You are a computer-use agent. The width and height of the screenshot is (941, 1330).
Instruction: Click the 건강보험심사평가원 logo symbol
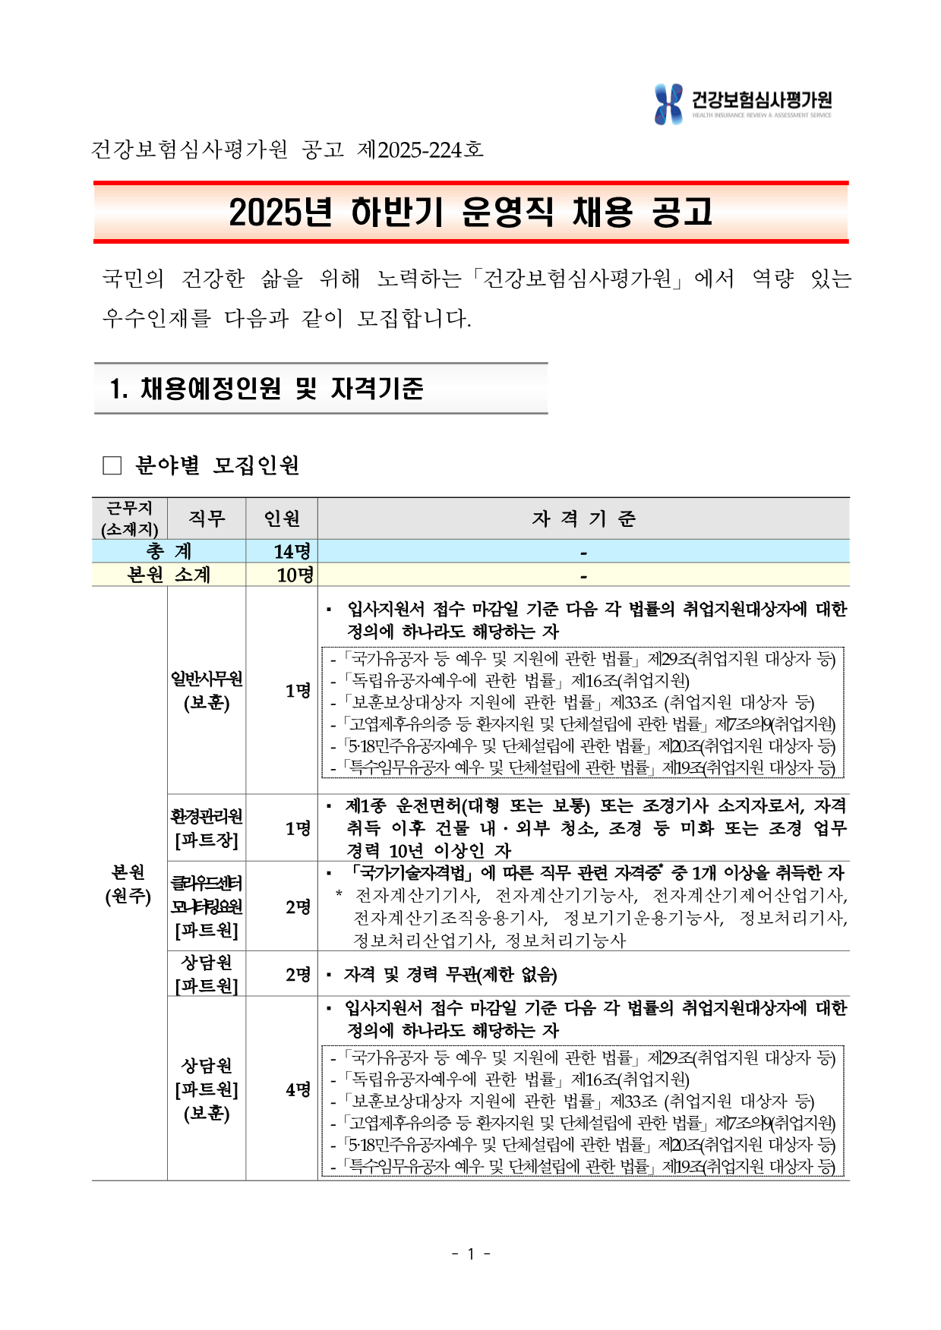click(668, 104)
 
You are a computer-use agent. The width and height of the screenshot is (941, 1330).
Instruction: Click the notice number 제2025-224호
click(420, 150)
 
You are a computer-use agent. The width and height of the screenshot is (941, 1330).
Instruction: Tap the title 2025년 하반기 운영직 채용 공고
click(471, 213)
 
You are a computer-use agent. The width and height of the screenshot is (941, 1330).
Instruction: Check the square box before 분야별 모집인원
click(112, 465)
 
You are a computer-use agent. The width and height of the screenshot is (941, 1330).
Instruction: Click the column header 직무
click(207, 518)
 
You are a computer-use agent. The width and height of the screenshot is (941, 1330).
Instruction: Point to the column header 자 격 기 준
click(583, 518)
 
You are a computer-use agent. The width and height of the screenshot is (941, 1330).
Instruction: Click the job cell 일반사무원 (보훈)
click(207, 690)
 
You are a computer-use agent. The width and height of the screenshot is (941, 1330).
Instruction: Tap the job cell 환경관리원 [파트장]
click(207, 827)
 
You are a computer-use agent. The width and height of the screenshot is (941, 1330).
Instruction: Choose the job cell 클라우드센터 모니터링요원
click(207, 906)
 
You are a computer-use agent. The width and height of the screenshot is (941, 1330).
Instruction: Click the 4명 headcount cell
click(298, 1089)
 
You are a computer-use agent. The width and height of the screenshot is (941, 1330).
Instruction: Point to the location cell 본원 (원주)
click(128, 884)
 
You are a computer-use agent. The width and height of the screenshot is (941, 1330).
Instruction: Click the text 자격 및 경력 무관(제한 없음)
click(450, 974)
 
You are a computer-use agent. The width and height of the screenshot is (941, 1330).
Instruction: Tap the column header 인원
click(282, 518)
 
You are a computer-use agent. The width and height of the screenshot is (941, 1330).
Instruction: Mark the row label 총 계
click(169, 551)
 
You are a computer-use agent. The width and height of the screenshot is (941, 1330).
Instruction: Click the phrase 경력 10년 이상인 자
click(428, 850)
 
